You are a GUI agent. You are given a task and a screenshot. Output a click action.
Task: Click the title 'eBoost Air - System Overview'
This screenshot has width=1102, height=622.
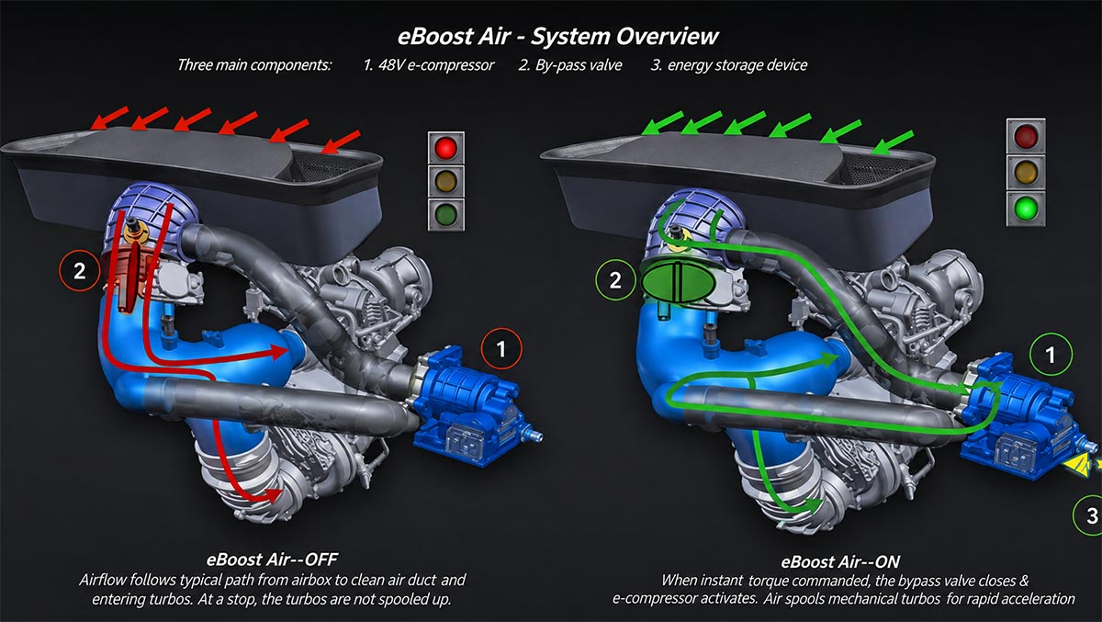click(558, 37)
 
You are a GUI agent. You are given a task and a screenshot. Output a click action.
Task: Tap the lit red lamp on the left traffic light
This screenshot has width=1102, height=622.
click(445, 148)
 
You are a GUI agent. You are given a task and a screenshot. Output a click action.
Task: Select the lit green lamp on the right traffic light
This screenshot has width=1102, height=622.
click(1026, 209)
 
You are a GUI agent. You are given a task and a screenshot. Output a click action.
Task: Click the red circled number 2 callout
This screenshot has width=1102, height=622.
click(80, 271)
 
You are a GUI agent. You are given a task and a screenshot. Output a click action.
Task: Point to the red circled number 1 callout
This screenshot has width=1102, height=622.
click(501, 349)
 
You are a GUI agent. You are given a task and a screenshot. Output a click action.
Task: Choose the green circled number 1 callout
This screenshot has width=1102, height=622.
click(1051, 355)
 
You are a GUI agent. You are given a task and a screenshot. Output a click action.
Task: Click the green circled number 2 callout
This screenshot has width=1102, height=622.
click(615, 280)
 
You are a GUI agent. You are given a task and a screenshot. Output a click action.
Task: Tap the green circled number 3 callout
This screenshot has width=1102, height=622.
click(1088, 515)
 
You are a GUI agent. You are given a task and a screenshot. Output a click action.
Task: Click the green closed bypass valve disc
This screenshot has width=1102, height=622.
click(678, 282)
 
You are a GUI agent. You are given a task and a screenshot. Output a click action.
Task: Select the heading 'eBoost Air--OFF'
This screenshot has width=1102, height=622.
click(272, 560)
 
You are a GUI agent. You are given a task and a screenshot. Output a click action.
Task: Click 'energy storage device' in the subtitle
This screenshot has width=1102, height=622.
click(737, 65)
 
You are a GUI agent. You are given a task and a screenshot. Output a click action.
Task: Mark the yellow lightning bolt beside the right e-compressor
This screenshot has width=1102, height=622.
click(1080, 467)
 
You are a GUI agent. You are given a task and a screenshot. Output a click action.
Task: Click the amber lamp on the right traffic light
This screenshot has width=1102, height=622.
click(1026, 172)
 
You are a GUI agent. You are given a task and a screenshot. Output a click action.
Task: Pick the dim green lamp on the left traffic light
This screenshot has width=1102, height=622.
click(445, 214)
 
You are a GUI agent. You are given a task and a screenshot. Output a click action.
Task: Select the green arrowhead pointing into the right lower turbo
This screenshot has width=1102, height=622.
click(813, 506)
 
